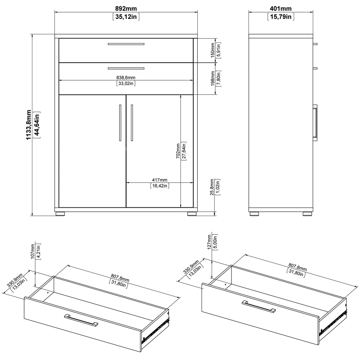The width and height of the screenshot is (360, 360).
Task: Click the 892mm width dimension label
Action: pos(126,9)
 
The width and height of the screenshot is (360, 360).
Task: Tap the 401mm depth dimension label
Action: pos(280,9)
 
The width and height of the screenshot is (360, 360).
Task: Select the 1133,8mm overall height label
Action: pos(28,125)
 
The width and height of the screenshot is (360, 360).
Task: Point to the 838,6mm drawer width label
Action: pos(126,78)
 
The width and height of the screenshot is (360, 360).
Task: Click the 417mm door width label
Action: pos(159,180)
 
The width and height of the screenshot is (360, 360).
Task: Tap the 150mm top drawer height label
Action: pos(212,50)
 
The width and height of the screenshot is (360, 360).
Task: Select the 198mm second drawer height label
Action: pos(212,78)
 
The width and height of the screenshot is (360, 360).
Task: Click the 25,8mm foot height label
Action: pos(212,187)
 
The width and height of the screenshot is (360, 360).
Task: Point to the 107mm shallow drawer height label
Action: pos(33,251)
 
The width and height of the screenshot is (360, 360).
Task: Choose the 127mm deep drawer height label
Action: pos(209,242)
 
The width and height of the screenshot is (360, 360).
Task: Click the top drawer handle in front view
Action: pos(126,44)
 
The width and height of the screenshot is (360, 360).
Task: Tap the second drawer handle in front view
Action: pos(126,68)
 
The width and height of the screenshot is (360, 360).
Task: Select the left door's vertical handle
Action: pos(120,123)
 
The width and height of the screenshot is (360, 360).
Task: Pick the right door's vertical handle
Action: pos(132,123)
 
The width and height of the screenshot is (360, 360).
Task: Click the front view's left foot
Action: pos(60,214)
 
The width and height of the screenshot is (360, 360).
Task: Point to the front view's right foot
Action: pos(192,214)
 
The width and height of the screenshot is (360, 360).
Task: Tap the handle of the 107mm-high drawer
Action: pos(81,320)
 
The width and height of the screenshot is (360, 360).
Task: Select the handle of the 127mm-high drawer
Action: pos(259,306)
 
